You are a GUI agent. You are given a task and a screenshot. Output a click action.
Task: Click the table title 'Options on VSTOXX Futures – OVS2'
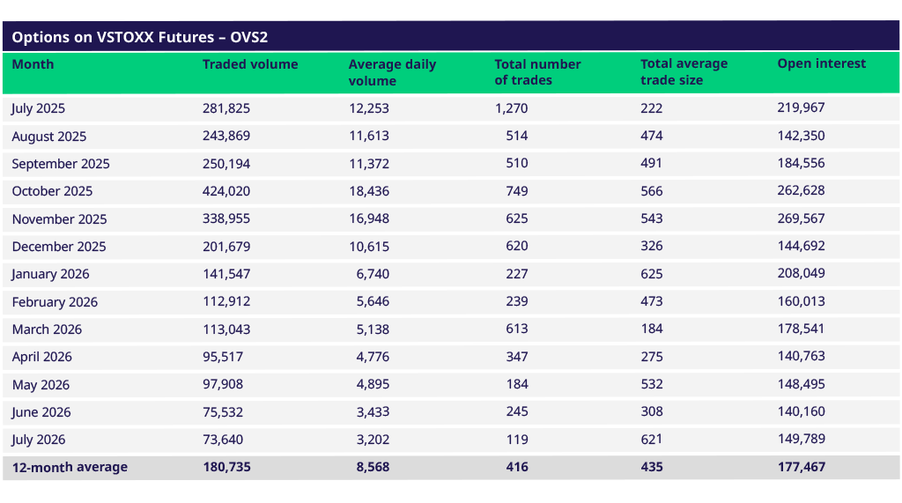(x=140, y=37)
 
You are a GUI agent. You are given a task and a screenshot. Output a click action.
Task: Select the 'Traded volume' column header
(x=250, y=64)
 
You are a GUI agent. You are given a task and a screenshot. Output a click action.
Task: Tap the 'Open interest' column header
(x=822, y=64)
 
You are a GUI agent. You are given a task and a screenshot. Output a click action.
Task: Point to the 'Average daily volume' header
(x=392, y=72)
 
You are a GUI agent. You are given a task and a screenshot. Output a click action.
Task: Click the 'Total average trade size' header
(x=684, y=72)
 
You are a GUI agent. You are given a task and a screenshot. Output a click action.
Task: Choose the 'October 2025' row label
(x=52, y=191)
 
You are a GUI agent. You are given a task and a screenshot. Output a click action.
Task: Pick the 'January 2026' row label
(x=50, y=274)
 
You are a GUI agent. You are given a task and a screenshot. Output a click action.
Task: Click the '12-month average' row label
(x=70, y=467)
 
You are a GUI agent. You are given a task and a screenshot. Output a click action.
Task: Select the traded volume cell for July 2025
(x=226, y=108)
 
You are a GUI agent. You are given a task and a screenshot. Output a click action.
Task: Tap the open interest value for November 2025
(x=801, y=218)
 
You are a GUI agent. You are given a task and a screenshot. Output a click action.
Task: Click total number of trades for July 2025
(x=512, y=108)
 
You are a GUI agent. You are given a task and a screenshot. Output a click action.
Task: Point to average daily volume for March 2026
(x=373, y=329)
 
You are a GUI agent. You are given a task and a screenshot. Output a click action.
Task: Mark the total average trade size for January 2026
(x=651, y=274)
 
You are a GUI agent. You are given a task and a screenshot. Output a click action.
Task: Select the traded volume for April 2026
(x=223, y=357)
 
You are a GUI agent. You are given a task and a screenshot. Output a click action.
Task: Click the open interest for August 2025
(x=801, y=136)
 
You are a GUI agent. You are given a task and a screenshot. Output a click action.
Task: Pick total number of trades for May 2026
(x=517, y=384)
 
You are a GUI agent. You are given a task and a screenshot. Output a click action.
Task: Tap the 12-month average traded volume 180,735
(x=226, y=467)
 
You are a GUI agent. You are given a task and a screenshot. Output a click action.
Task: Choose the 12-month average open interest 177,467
(x=802, y=467)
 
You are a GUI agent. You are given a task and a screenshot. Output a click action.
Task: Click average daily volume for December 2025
(x=369, y=247)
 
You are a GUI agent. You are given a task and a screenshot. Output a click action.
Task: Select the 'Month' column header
(x=33, y=64)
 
